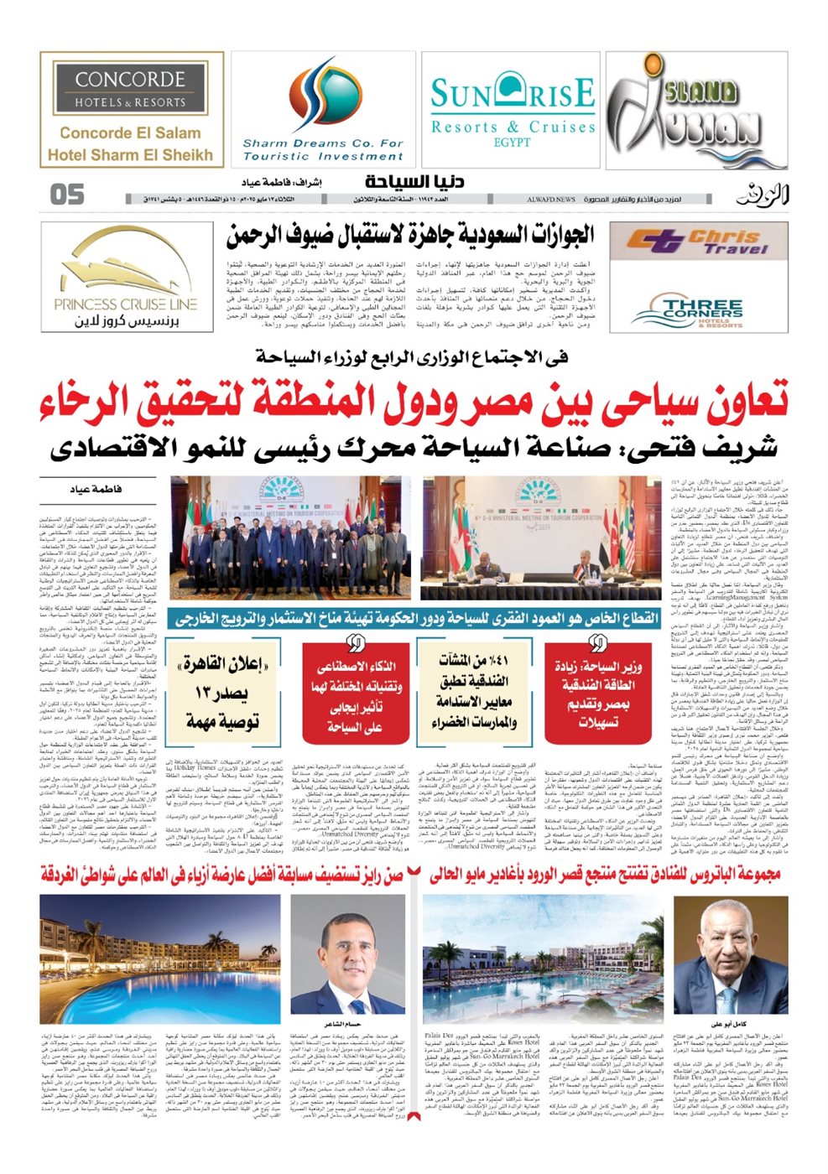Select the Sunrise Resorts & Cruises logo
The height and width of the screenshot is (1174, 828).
point(512,110)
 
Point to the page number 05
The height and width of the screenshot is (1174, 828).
point(67,195)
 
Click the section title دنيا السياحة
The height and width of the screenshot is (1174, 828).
point(414,182)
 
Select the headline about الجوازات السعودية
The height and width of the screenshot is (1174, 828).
point(409,236)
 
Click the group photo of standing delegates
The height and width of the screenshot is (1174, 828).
point(290,536)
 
